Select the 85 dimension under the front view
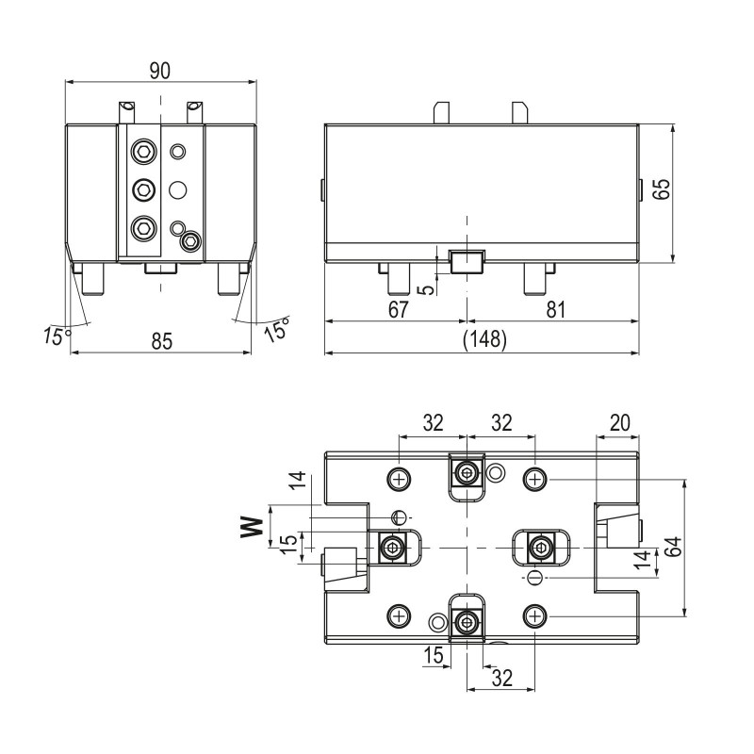coord(162,342)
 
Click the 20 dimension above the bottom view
coord(620,423)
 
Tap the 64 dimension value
coord(670,547)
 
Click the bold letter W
coord(251,526)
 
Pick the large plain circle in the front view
coord(177,189)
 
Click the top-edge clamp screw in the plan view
coord(467,471)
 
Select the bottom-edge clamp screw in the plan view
coord(467,621)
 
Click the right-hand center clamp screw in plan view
coord(541,546)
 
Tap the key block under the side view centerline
coord(467,260)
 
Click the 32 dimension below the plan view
coord(500,676)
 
